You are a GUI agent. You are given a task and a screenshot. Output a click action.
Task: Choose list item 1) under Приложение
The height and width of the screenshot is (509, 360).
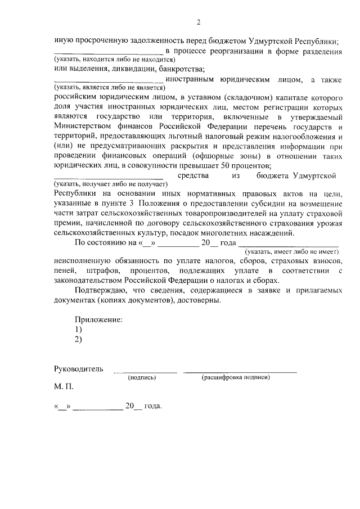click(79, 330)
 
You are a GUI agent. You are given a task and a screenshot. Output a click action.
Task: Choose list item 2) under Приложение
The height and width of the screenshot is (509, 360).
click(79, 340)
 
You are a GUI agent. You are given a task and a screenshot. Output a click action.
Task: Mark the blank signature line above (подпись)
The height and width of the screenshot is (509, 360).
click(145, 371)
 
